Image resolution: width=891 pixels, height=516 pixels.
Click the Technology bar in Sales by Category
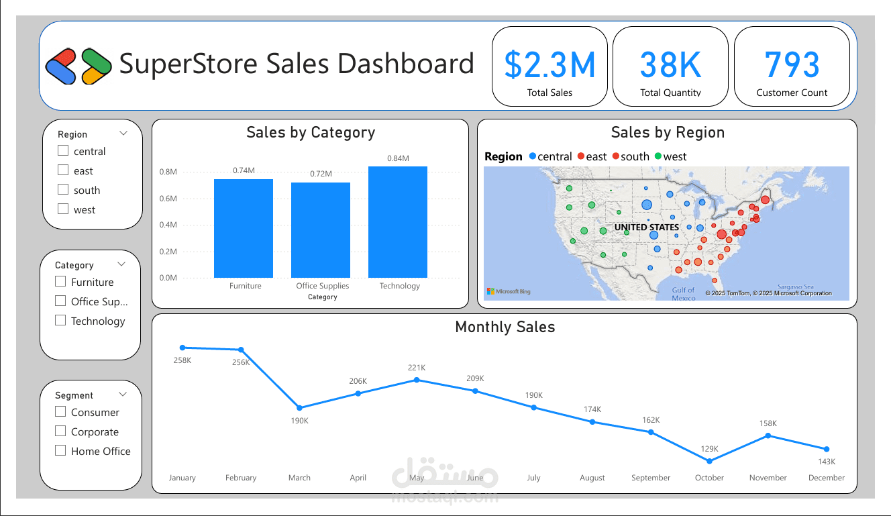click(x=397, y=221)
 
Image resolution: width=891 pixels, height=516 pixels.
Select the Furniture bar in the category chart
click(x=243, y=228)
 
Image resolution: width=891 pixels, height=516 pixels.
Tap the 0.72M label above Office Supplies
click(x=321, y=174)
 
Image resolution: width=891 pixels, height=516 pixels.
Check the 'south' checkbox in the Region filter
click(x=63, y=190)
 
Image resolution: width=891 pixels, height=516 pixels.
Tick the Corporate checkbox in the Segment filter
click(x=60, y=431)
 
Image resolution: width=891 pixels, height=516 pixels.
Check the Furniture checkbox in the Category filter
click(x=60, y=282)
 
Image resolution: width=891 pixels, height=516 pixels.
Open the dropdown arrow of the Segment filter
click(x=121, y=395)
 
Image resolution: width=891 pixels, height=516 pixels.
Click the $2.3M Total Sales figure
click(x=549, y=65)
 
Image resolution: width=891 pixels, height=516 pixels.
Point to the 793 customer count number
click(x=792, y=65)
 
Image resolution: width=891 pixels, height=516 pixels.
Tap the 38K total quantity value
click(x=670, y=65)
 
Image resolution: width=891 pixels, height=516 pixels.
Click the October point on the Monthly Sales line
click(x=709, y=461)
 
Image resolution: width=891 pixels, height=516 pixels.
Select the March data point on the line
click(x=299, y=408)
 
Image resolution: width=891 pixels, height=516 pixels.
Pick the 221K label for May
click(x=417, y=368)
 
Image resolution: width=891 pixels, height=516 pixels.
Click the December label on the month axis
click(x=826, y=478)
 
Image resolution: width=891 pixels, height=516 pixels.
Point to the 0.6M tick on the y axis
click(x=168, y=199)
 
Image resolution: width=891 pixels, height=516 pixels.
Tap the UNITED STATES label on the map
click(x=646, y=227)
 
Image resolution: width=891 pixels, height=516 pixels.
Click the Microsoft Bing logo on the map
click(x=509, y=292)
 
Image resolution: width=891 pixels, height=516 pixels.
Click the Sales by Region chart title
click(x=667, y=133)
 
